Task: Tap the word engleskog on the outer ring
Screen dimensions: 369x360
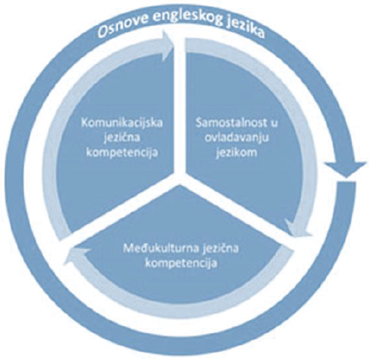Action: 184,17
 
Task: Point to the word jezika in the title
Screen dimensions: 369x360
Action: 244,28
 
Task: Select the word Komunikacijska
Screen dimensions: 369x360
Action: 122,123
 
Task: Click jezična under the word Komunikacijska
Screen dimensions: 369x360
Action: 122,138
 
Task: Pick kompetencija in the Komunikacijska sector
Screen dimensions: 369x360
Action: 122,152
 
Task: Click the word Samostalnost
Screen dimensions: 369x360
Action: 229,123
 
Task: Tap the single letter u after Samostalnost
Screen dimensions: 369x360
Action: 274,124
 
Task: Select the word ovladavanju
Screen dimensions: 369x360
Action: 237,138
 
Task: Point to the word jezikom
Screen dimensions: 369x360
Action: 237,152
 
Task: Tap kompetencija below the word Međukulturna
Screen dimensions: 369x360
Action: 181,263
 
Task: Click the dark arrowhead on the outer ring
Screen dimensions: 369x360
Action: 346,169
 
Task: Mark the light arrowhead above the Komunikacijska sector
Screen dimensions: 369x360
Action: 168,46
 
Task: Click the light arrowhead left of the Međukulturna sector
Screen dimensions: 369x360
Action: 76,255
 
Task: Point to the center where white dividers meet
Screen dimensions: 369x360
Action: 180,176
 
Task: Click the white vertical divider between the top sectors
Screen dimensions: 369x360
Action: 180,104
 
